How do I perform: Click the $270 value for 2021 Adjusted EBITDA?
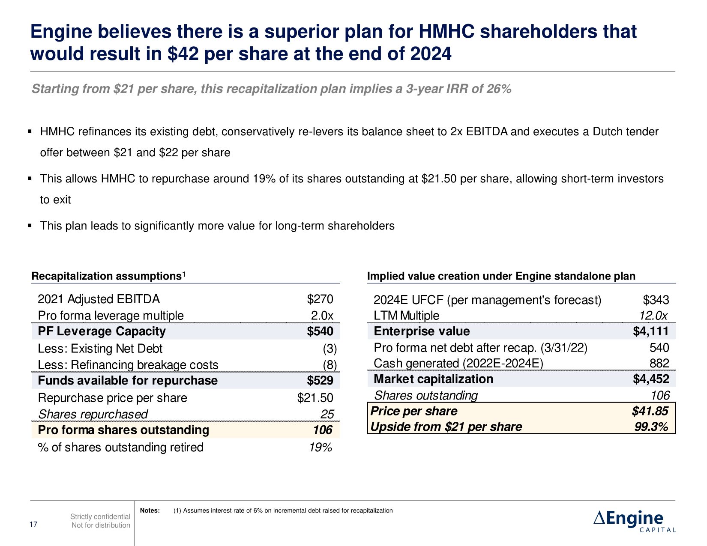tap(320, 299)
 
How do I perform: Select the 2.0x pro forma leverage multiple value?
tap(322, 316)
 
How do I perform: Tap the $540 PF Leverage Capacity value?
tap(320, 331)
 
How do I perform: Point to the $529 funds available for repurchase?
tap(320, 381)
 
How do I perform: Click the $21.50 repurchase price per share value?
tap(315, 398)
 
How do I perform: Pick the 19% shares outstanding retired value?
tap(321, 448)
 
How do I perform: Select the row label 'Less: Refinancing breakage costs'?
tap(128, 365)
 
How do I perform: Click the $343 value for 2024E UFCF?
tap(656, 300)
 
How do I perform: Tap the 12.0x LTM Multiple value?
tap(653, 316)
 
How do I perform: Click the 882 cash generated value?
tap(659, 363)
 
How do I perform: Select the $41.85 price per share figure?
tap(650, 411)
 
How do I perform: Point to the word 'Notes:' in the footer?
tap(150, 510)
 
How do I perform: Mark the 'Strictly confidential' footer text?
tap(100, 517)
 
